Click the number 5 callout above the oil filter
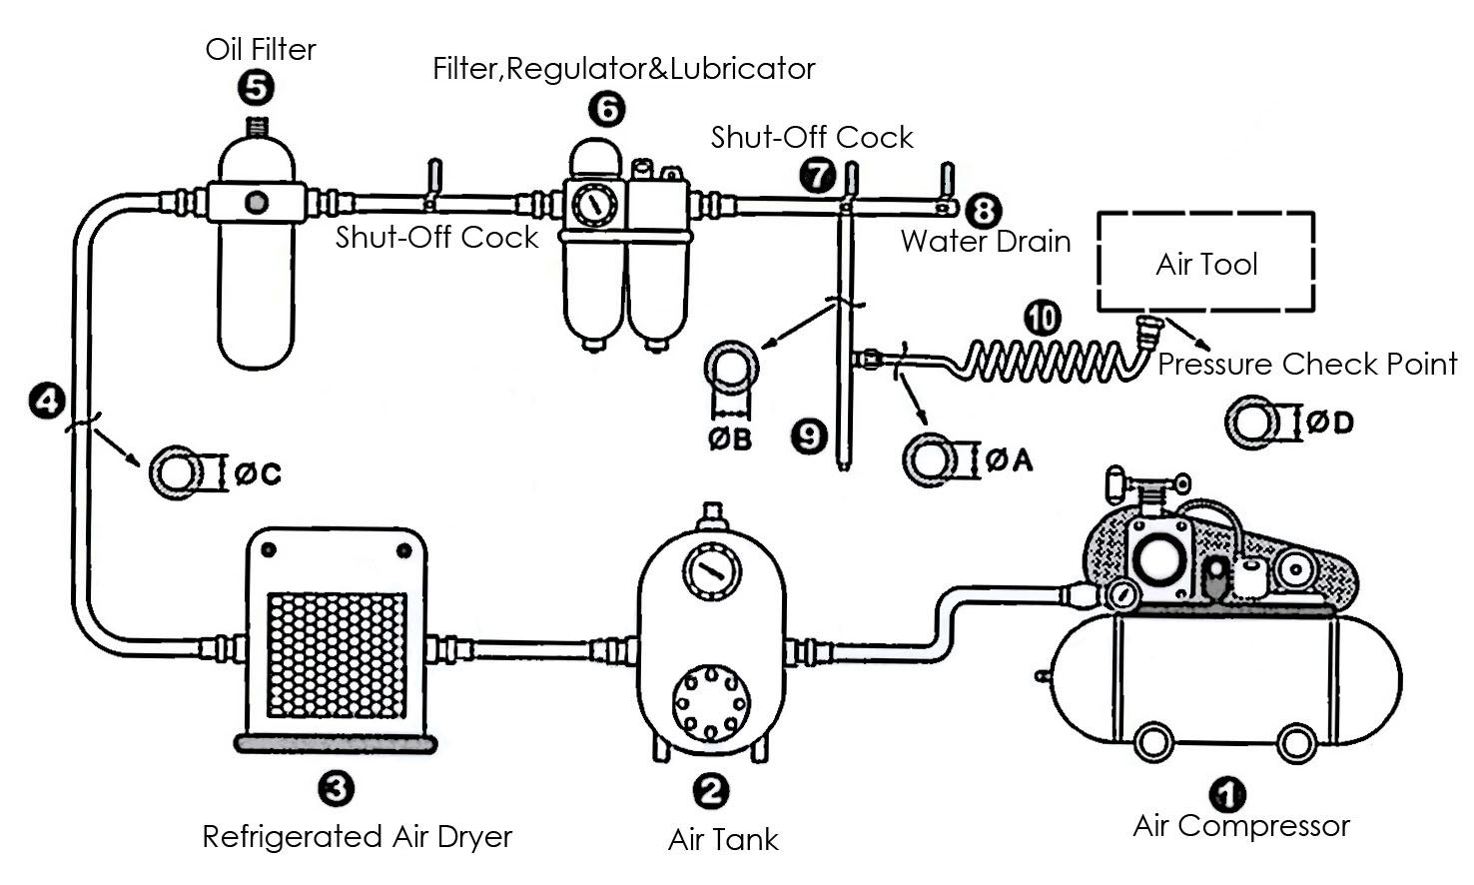[x=256, y=88]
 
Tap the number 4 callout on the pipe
[x=47, y=401]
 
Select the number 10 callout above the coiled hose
[x=1043, y=319]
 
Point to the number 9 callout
[x=809, y=437]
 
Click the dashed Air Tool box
[x=1206, y=213]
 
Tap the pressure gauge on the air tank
[x=711, y=571]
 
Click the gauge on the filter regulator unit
[x=595, y=205]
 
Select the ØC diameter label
[x=258, y=473]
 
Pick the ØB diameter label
[x=730, y=440]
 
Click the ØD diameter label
[x=1330, y=422]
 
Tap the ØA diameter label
[x=1010, y=459]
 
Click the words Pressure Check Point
[x=1307, y=364]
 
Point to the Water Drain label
[x=986, y=242]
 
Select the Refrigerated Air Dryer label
[x=358, y=837]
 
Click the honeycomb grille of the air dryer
[x=337, y=655]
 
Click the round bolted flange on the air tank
[x=711, y=703]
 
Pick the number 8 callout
[x=984, y=211]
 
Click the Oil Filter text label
[x=261, y=50]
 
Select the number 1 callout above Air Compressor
[x=1227, y=794]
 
